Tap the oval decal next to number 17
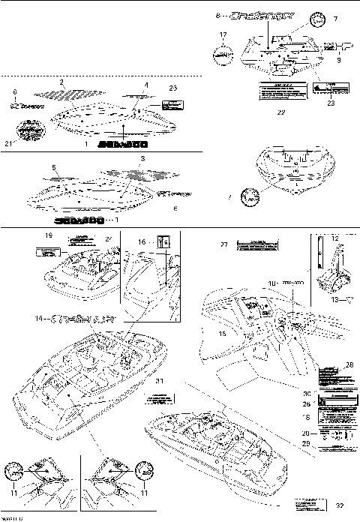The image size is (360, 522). pyautogui.click(x=220, y=53)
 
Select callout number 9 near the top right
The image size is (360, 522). pyautogui.click(x=338, y=59)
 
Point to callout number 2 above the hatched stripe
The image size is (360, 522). pyautogui.click(x=61, y=80)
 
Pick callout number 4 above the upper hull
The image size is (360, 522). pyautogui.click(x=146, y=85)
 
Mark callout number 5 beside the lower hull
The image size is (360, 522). pyautogui.click(x=54, y=167)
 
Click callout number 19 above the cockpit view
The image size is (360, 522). pyautogui.click(x=49, y=235)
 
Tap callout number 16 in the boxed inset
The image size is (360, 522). pyautogui.click(x=142, y=242)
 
